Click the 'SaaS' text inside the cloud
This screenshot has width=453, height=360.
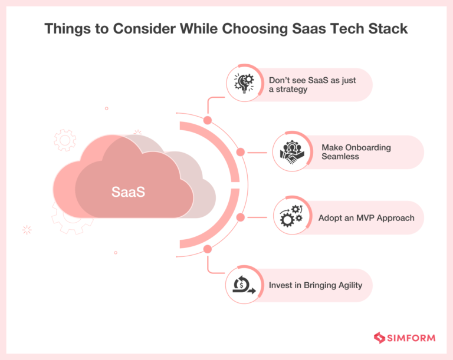pos(129,192)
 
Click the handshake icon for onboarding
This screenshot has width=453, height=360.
pos(290,153)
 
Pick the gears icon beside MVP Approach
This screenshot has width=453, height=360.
pos(290,217)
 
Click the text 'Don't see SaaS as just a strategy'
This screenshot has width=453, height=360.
pos(312,85)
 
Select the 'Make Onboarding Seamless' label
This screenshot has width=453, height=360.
pos(356,152)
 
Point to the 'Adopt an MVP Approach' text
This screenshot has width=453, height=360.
pos(366,218)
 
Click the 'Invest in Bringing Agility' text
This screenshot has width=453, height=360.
pos(316,285)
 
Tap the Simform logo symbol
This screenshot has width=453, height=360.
pos(379,338)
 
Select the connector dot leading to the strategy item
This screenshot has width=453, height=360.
pos(208,120)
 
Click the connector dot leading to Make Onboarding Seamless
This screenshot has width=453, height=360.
pos(241,153)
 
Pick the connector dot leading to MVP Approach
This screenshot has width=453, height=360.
pos(241,217)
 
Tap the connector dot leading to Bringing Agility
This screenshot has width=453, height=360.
pos(208,250)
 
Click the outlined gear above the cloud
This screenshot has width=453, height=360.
pos(64,140)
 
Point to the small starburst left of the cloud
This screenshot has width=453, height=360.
pos(27,230)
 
